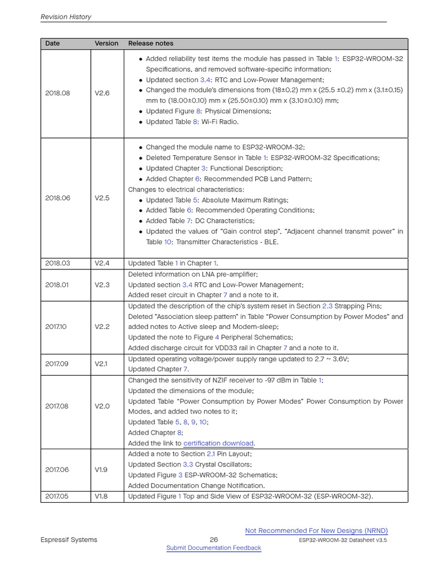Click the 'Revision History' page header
pyautogui.click(x=66, y=17)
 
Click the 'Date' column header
pyautogui.click(x=52, y=43)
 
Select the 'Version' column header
pyautogui.click(x=106, y=43)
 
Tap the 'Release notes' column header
pyautogui.click(x=150, y=43)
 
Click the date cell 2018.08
pyautogui.click(x=57, y=93)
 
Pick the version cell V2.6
pyautogui.click(x=102, y=93)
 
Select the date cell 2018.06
pyautogui.click(x=57, y=198)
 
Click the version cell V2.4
pyautogui.click(x=102, y=263)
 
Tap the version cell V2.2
pyautogui.click(x=102, y=327)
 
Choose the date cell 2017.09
pyautogui.click(x=57, y=364)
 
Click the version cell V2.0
pyautogui.click(x=102, y=406)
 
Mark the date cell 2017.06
pyautogui.click(x=57, y=470)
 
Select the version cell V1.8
pyautogui.click(x=101, y=497)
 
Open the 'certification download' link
pyautogui.click(x=218, y=444)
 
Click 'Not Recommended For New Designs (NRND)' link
pyautogui.click(x=317, y=530)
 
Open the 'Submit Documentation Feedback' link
pyautogui.click(x=213, y=548)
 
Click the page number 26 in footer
pyautogui.click(x=213, y=539)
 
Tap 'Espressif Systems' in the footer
pyautogui.click(x=69, y=539)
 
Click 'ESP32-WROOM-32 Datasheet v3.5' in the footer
pyautogui.click(x=343, y=540)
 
